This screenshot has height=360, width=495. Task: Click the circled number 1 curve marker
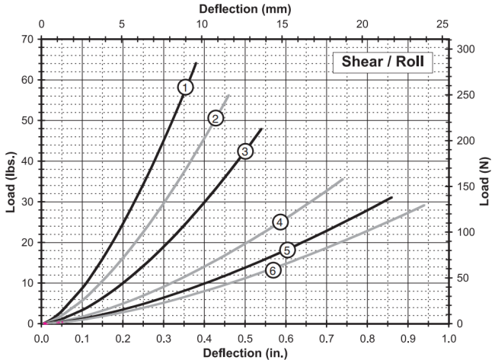[186, 87]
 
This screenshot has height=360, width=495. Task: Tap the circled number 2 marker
[216, 118]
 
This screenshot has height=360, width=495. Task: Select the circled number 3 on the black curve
[244, 151]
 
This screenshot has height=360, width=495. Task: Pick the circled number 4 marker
[280, 221]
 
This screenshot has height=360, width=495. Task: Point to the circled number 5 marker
[287, 250]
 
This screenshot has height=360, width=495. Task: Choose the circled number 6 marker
[273, 270]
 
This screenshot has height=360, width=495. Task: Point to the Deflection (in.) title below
[244, 352]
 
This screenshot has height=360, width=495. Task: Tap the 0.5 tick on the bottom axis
[244, 336]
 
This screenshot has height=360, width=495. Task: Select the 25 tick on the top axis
[442, 25]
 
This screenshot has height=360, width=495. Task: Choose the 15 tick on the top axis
[282, 25]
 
